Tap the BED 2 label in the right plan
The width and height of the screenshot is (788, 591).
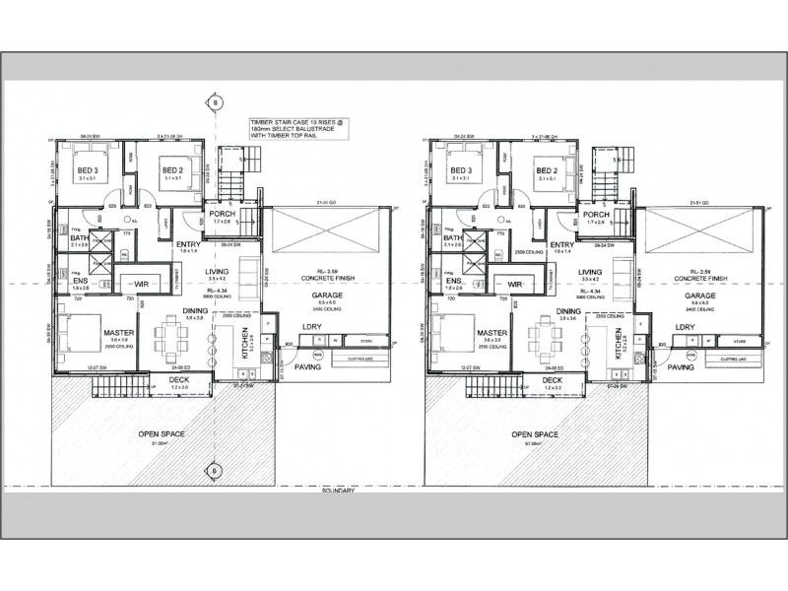(549, 169)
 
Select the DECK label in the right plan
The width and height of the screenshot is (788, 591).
(553, 379)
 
